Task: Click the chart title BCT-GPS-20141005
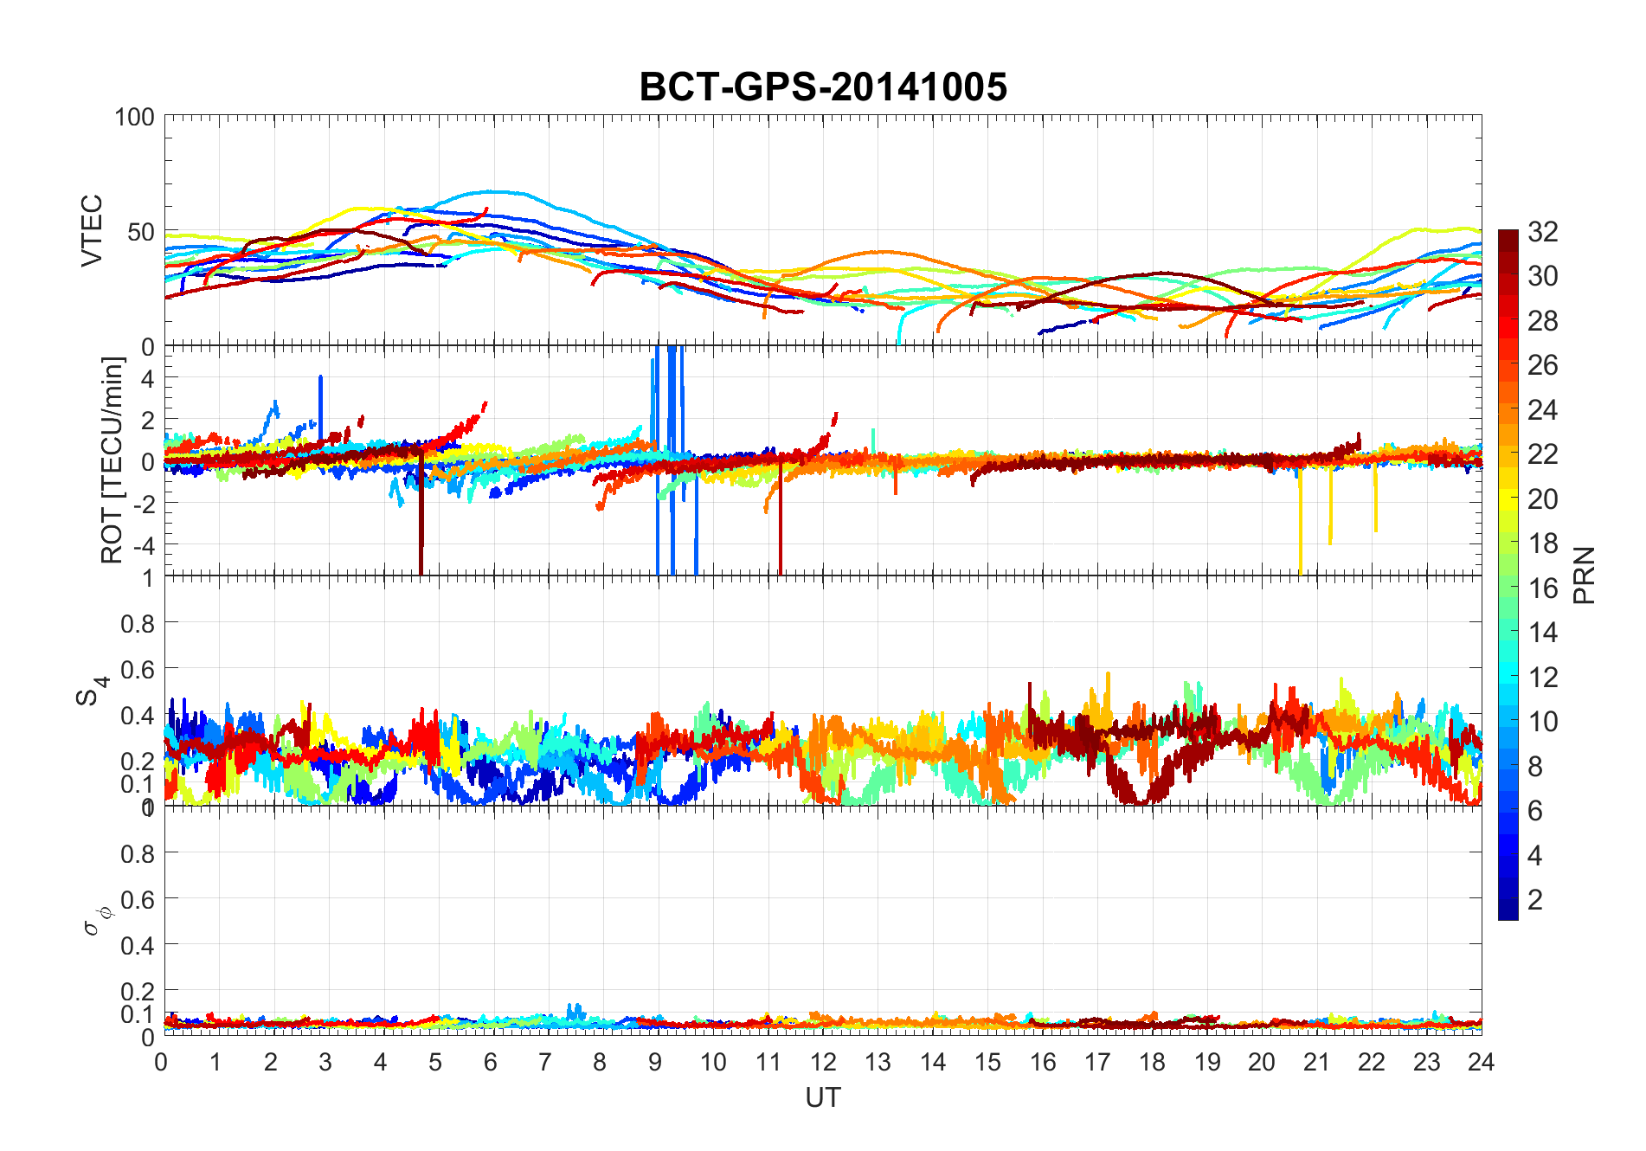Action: (823, 87)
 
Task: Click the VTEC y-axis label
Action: (92, 230)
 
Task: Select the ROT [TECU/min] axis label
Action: (113, 460)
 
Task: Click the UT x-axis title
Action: (822, 1098)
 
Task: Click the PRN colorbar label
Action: (1585, 575)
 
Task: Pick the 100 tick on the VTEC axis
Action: (134, 117)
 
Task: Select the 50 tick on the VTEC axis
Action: (141, 232)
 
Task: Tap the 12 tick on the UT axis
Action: (823, 1062)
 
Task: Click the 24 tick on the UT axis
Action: (1481, 1062)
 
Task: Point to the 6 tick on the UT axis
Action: (491, 1062)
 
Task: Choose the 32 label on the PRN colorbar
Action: (1543, 232)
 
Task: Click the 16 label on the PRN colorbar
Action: (1543, 588)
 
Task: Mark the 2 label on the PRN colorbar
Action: (1535, 900)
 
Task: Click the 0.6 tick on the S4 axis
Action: (138, 669)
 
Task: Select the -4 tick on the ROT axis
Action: (142, 544)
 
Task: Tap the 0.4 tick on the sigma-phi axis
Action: (138, 945)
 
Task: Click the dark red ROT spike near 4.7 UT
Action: (421, 519)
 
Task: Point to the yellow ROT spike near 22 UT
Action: (1375, 502)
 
